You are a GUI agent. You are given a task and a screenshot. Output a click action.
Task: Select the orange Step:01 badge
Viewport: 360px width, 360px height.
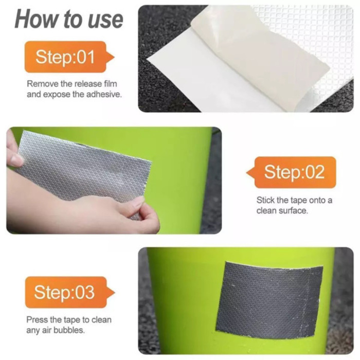[64, 57]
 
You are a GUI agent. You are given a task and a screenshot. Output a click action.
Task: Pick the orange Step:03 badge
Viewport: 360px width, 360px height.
[64, 292]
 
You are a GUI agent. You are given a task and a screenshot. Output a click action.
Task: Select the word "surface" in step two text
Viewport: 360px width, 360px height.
[295, 211]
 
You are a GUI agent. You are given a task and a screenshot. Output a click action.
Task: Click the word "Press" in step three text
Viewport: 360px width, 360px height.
[37, 319]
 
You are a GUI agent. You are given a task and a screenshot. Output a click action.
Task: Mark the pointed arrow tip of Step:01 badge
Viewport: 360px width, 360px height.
[110, 56]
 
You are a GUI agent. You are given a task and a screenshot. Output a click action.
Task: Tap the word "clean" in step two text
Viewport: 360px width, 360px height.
[266, 211]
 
